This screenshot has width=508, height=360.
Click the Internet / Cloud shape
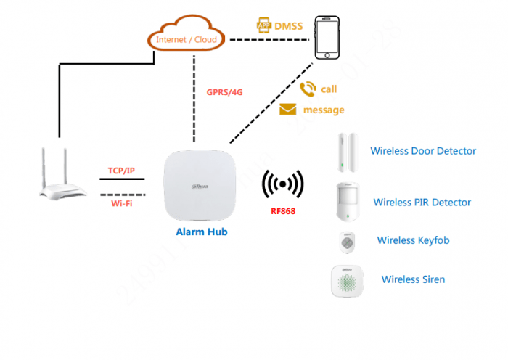(x=186, y=37)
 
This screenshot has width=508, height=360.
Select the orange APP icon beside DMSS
(x=263, y=25)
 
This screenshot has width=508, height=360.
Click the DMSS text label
(x=288, y=26)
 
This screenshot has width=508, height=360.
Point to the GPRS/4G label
(x=224, y=93)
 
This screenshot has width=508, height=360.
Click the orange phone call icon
(x=308, y=89)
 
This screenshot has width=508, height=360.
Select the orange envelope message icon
(x=288, y=110)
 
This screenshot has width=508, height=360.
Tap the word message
(x=324, y=110)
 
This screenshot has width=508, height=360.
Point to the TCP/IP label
(x=121, y=171)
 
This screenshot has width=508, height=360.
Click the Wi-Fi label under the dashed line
(x=121, y=204)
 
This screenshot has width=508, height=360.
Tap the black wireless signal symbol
(x=282, y=186)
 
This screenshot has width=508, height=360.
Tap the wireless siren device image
(x=346, y=280)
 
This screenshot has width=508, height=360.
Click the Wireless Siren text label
(x=413, y=279)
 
